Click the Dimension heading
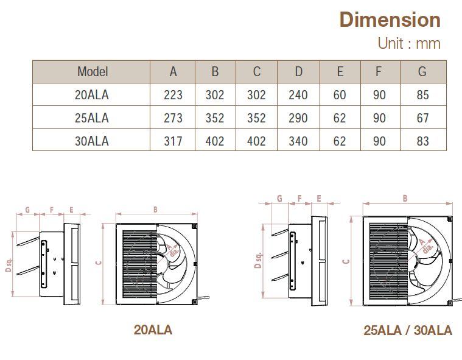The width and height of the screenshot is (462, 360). [x=390, y=19]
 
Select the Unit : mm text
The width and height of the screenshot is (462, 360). [x=408, y=43]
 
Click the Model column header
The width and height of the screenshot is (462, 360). [x=93, y=71]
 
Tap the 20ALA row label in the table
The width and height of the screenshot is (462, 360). [x=92, y=94]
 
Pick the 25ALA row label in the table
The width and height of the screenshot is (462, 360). [x=92, y=118]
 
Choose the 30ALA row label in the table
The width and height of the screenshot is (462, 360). [x=92, y=141]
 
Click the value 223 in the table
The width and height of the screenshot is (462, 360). [x=173, y=94]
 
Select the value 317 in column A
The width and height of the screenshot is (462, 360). [x=173, y=141]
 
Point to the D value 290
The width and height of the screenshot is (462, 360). [x=298, y=118]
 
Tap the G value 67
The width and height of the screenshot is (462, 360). [x=422, y=118]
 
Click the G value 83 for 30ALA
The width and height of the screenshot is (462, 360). [x=422, y=141]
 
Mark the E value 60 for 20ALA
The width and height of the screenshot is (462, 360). [x=340, y=94]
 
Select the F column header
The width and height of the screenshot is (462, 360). [x=379, y=71]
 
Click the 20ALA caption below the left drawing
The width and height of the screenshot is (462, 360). [x=153, y=330]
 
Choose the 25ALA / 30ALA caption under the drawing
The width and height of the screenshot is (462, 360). [x=407, y=331]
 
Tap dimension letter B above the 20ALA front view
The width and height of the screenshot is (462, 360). [x=155, y=210]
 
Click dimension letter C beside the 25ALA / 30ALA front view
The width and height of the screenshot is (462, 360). [x=346, y=261]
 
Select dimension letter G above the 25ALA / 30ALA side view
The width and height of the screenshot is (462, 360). [x=279, y=198]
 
